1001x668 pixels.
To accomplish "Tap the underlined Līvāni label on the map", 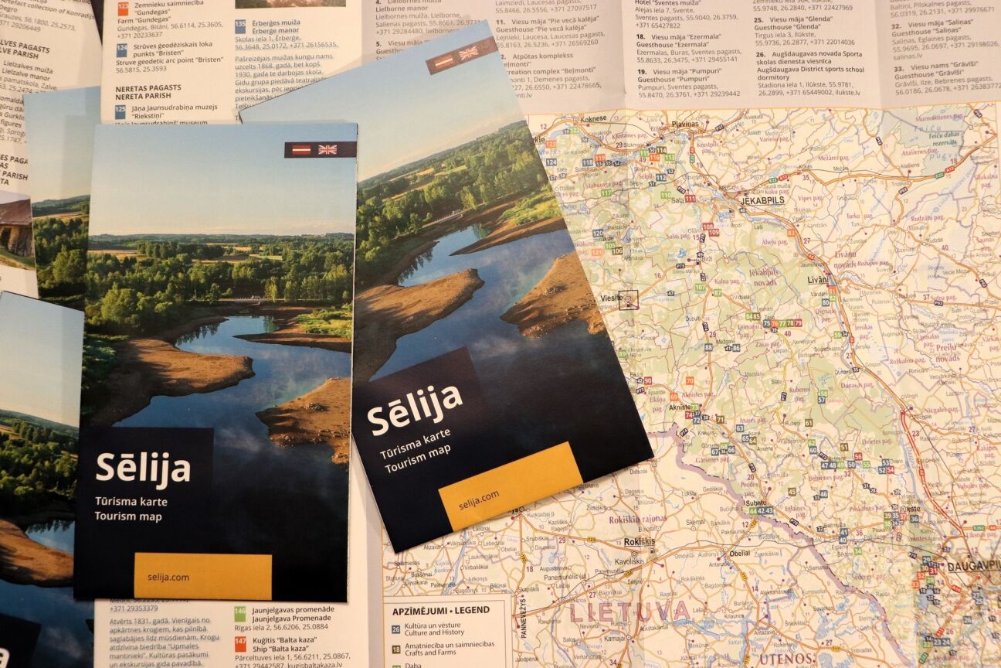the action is (818, 279).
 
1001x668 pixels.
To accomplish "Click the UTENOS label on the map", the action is (786, 659).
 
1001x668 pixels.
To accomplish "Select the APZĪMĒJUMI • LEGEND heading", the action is (440, 610).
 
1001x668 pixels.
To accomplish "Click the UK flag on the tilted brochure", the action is (468, 53).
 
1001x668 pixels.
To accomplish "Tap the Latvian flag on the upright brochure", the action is (301, 150).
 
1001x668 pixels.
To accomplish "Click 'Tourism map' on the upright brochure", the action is (128, 516).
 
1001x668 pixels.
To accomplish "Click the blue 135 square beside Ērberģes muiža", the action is (240, 25).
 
